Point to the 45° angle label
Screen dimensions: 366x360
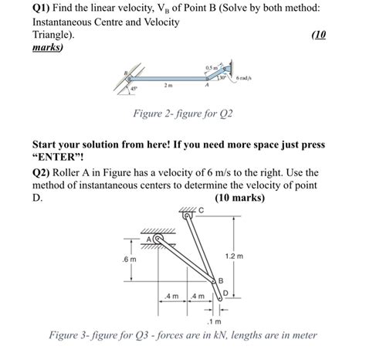coord(134,88)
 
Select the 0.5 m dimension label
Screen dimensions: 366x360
coord(212,68)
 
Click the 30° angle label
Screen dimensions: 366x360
coord(222,77)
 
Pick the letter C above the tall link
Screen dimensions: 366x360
coord(201,210)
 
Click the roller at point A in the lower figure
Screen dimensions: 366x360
coord(158,239)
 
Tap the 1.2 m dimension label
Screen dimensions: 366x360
coord(234,256)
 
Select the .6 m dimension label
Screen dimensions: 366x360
coord(129,259)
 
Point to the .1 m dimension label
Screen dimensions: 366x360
coord(215,321)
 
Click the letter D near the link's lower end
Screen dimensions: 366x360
coord(225,293)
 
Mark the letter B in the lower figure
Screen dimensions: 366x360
coord(221,280)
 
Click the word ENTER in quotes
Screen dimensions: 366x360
coord(58,157)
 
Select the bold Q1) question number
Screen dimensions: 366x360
coord(41,8)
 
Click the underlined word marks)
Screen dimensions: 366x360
coord(48,47)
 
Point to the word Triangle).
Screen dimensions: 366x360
coord(53,35)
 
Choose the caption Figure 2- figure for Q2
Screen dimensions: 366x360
coord(183,114)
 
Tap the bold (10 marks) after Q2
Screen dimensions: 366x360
coord(239,198)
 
